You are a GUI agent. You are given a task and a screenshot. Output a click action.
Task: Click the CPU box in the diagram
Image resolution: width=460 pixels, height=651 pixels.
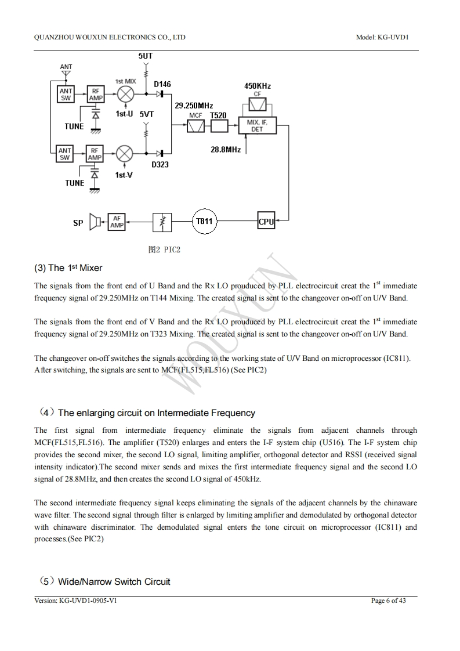266,221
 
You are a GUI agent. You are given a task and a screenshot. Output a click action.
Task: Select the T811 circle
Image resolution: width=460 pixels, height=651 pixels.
204,221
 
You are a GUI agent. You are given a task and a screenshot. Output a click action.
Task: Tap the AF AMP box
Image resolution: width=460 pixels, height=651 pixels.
117,222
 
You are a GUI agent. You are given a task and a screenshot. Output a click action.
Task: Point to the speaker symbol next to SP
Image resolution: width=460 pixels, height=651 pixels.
96,222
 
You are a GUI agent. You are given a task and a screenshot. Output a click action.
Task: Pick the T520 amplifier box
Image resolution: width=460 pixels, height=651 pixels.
219,126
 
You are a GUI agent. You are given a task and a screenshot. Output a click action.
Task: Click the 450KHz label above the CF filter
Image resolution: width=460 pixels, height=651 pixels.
258,86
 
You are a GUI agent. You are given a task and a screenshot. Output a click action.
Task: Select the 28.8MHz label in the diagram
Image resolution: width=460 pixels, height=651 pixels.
226,150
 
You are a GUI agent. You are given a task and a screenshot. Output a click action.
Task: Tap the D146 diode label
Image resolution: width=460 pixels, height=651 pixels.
162,84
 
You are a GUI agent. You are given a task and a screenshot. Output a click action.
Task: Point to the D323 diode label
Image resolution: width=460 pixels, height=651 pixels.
160,165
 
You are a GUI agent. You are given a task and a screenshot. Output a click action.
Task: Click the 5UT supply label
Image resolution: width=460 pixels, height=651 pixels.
146,56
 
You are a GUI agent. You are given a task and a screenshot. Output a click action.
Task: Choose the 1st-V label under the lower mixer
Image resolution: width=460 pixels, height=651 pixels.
123,175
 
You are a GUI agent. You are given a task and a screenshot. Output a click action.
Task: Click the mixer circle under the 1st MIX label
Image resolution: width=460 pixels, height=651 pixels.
125,94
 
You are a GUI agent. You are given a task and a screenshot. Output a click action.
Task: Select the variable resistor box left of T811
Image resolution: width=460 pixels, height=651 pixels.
162,222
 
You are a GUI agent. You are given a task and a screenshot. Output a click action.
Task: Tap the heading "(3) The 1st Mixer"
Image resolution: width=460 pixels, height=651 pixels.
68,268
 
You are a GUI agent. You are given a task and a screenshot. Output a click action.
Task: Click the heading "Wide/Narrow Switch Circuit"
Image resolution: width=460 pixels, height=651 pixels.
114,582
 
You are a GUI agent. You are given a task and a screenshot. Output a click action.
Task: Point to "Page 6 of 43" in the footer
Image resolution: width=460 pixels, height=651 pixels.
388,601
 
